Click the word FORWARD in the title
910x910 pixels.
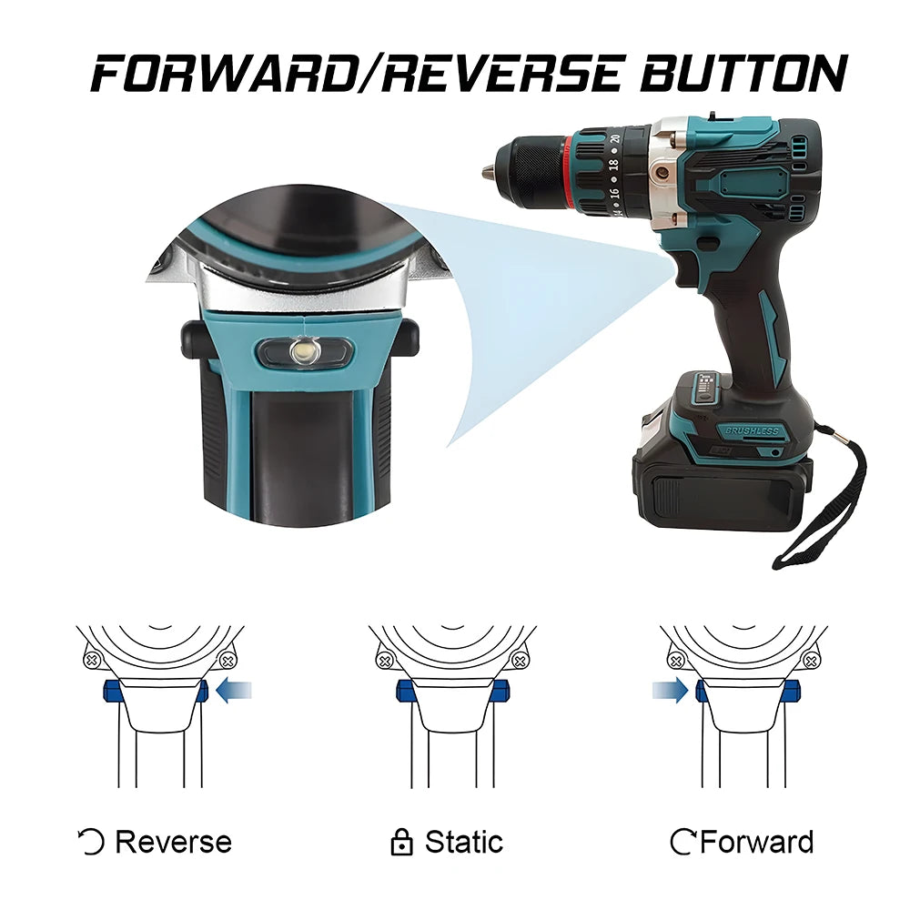tap(223, 74)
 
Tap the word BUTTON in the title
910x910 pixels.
tap(744, 74)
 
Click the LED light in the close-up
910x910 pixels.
tap(304, 350)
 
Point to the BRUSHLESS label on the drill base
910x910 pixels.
tap(753, 430)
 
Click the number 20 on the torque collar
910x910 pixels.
tap(614, 139)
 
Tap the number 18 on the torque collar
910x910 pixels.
tap(612, 165)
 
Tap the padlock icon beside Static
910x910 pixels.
tap(401, 842)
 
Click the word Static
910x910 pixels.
tap(464, 842)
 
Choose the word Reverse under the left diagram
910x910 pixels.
tap(174, 842)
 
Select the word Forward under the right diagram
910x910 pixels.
tap(757, 842)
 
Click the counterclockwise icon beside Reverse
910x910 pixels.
tap(90, 842)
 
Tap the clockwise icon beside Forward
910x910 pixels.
tap(682, 842)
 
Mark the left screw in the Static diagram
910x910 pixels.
tap(384, 661)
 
